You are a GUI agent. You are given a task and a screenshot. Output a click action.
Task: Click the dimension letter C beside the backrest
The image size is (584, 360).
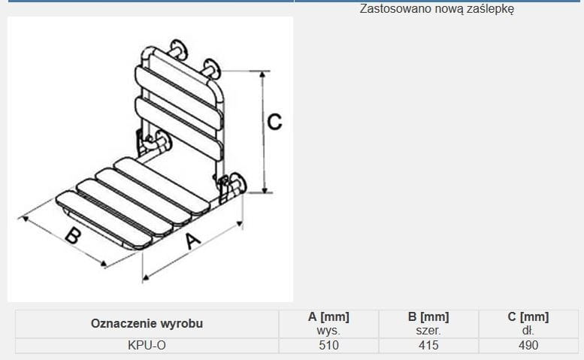pyautogui.click(x=275, y=122)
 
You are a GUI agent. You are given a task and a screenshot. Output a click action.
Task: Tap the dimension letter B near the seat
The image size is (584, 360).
pyautogui.click(x=73, y=236)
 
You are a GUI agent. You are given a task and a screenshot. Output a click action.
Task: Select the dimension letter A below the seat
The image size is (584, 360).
pyautogui.click(x=193, y=241)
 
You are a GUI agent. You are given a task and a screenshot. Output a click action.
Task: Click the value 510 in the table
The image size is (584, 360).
pyautogui.click(x=328, y=345)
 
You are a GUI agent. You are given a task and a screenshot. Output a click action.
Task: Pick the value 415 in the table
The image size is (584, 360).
pyautogui.click(x=428, y=345)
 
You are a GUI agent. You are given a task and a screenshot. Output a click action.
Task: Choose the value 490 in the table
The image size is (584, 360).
pyautogui.click(x=528, y=345)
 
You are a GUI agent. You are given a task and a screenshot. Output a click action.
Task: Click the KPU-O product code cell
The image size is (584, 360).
pyautogui.click(x=147, y=345)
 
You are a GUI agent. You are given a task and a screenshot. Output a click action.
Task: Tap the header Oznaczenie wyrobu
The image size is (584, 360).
pyautogui.click(x=147, y=323)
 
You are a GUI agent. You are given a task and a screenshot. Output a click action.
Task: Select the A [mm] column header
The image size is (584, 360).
pyautogui.click(x=328, y=317)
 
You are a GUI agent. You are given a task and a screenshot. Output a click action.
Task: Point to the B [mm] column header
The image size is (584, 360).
pyautogui.click(x=428, y=317)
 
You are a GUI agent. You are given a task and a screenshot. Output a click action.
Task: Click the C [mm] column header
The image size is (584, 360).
pyautogui.click(x=528, y=317)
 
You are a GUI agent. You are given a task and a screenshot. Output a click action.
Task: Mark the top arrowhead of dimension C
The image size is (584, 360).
pyautogui.click(x=262, y=74)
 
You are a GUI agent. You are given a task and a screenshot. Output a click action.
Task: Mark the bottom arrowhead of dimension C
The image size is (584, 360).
pyautogui.click(x=264, y=190)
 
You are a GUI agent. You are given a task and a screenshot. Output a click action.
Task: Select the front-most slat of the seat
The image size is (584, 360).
pyautogui.click(x=104, y=220)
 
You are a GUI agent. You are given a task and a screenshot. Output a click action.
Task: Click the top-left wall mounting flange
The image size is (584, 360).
pyautogui.click(x=178, y=49)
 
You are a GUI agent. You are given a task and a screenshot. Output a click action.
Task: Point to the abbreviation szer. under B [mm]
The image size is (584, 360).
pyautogui.click(x=428, y=331)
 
